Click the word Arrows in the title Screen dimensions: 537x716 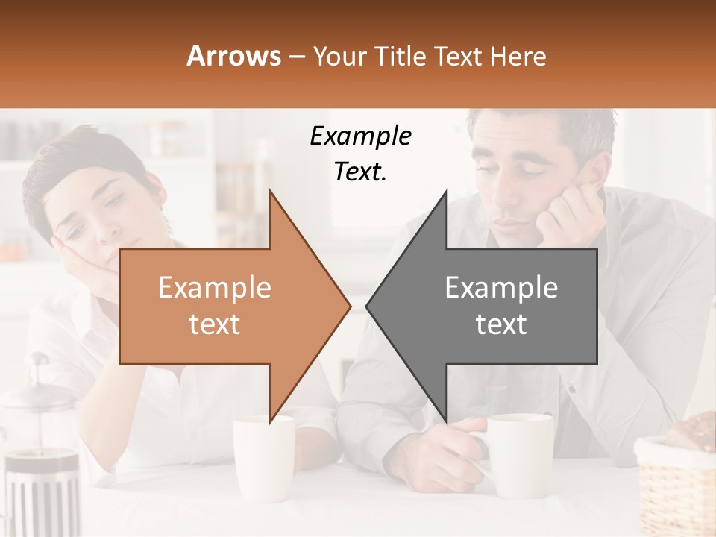(x=234, y=56)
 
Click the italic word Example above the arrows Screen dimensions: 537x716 (x=360, y=136)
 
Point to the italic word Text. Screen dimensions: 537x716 (x=360, y=172)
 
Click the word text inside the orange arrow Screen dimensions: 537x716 (x=214, y=324)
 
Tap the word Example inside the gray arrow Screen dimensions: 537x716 (x=501, y=288)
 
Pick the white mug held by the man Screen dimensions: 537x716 (x=522, y=455)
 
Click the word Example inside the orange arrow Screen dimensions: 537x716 (x=214, y=288)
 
